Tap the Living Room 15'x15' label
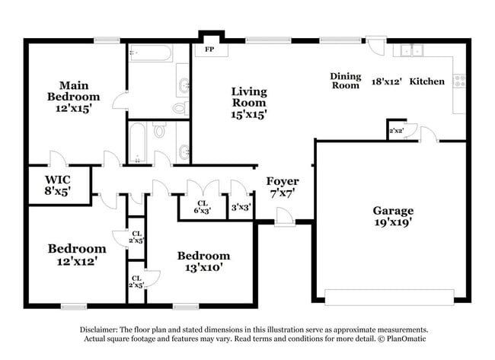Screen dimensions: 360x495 (x=249, y=103)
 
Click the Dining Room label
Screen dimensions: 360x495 (x=344, y=81)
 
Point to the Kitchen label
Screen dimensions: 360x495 (x=427, y=81)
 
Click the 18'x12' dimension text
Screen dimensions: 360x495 (x=385, y=81)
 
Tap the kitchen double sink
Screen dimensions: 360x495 (x=413, y=52)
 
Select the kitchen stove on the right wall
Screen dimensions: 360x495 (x=458, y=78)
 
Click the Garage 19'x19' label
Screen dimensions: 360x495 (x=392, y=217)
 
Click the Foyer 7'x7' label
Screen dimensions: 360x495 (x=282, y=187)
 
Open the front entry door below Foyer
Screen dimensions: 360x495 (x=284, y=218)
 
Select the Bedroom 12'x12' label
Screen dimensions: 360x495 (x=76, y=254)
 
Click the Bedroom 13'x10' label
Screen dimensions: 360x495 (x=203, y=262)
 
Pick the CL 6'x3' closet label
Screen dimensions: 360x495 (x=201, y=206)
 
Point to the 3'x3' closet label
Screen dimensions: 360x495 (x=241, y=206)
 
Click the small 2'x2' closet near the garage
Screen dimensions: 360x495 (x=396, y=131)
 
